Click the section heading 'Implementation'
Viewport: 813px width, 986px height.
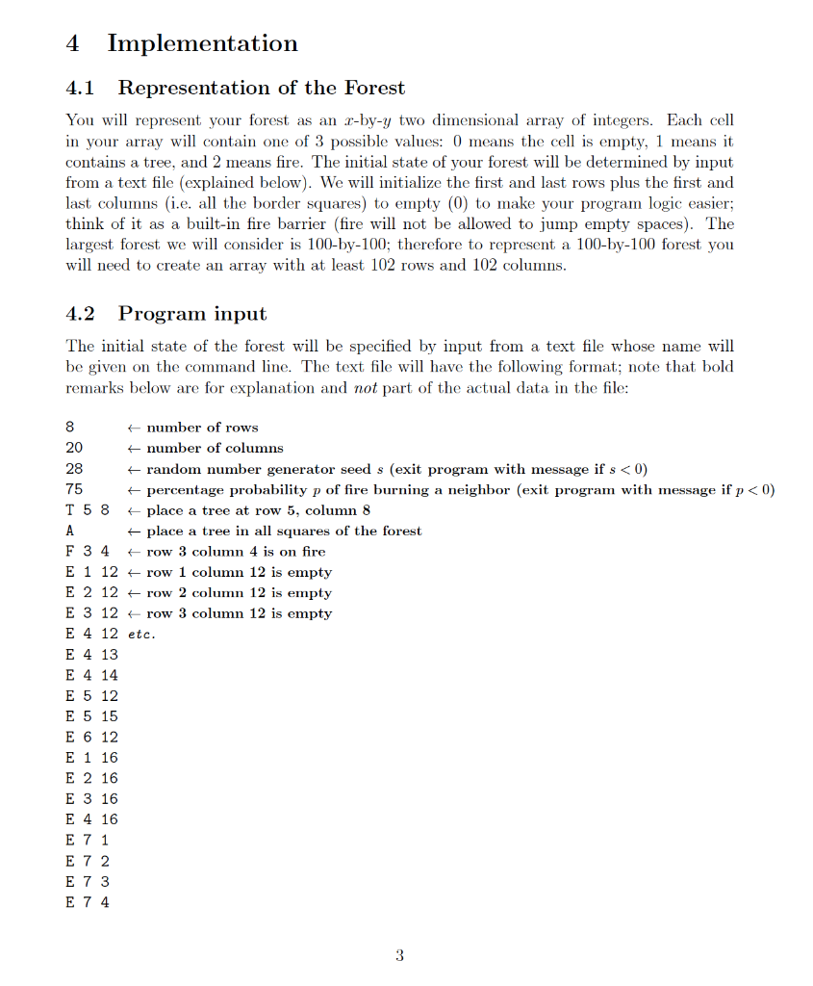202,43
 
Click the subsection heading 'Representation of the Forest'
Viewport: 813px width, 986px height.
261,88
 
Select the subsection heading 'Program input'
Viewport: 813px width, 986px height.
192,314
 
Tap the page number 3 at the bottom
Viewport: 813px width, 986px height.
399,955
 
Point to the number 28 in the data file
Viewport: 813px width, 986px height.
74,469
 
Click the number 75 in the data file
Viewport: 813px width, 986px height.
74,489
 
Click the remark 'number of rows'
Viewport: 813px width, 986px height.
201,428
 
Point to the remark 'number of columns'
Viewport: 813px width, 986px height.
214,448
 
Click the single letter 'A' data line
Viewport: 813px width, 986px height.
70,531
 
